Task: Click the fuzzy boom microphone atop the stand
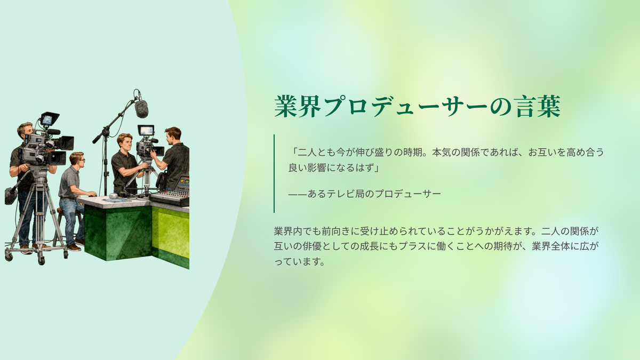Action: [x=141, y=109]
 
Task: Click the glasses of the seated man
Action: [x=81, y=160]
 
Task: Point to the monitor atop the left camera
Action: [x=50, y=119]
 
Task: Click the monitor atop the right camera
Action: [x=146, y=130]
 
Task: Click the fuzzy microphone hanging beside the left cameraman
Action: [x=11, y=196]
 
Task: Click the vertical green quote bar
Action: [x=274, y=173]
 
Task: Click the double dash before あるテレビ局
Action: [x=298, y=194]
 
